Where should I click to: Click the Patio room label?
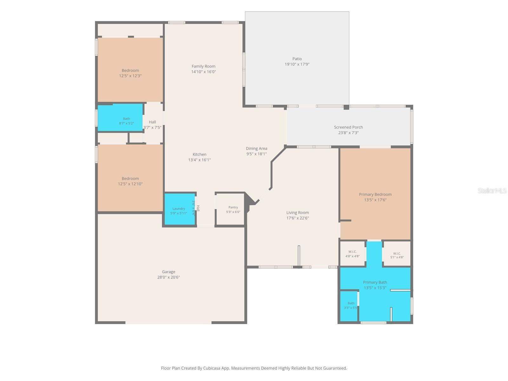(297, 59)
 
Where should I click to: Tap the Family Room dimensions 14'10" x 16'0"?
(203, 72)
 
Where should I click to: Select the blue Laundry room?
(180, 209)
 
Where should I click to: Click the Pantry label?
(233, 207)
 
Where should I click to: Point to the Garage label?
(168, 271)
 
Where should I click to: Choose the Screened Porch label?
(348, 127)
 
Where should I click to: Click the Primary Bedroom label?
(375, 194)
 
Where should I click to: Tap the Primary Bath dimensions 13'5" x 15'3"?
(375, 288)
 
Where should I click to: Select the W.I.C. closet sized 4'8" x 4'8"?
(352, 254)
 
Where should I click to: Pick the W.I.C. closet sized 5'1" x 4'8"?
(397, 254)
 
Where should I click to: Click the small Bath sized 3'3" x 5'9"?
(349, 306)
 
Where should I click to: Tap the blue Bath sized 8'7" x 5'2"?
(120, 117)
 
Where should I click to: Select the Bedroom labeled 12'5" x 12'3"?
(130, 70)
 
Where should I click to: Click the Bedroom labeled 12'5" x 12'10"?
(130, 178)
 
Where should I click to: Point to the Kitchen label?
(199, 154)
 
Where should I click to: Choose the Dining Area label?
(256, 149)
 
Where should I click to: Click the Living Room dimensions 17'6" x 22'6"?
(297, 218)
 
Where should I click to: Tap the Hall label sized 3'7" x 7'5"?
(152, 122)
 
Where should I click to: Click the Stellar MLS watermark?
(492, 190)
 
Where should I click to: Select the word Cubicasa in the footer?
(211, 368)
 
